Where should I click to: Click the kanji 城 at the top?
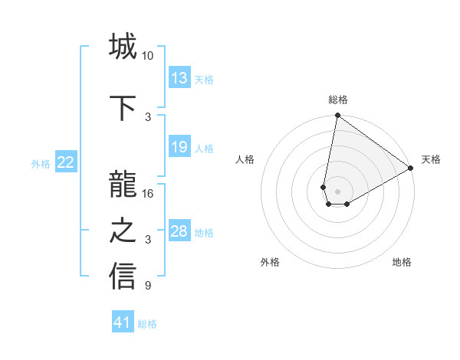tap(123, 47)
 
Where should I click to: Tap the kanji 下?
tap(123, 108)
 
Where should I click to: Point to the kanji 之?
tap(123, 231)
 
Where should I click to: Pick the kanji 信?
tap(123, 277)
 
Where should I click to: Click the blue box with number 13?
tap(179, 78)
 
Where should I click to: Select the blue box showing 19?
tap(179, 147)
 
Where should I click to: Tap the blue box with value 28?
tap(179, 231)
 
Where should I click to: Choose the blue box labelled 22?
tap(66, 162)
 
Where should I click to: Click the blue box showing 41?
tap(123, 322)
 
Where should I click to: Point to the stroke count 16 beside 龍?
tap(147, 194)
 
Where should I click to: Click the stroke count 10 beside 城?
tap(147, 56)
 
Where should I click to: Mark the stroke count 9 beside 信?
tap(147, 286)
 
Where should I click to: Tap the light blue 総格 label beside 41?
tap(147, 324)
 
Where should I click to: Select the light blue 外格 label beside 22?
tap(41, 163)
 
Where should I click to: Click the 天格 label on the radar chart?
tap(431, 159)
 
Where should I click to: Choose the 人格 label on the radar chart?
tap(245, 159)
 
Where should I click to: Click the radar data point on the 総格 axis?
tap(337, 116)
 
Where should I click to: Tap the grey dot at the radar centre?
tap(337, 189)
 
